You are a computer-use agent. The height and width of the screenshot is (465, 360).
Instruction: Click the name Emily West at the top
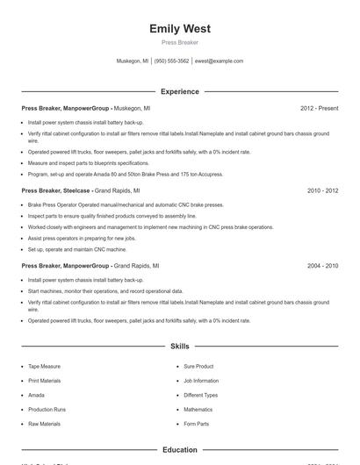180,29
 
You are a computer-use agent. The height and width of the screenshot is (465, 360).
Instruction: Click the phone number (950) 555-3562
172,61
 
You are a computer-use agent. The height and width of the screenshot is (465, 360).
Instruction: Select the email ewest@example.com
219,61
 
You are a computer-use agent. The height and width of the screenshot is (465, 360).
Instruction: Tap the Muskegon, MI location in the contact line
133,61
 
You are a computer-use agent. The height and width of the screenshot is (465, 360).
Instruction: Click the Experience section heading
180,91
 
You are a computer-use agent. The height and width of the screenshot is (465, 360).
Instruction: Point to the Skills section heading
180,347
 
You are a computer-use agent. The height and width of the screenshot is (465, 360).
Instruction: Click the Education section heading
180,450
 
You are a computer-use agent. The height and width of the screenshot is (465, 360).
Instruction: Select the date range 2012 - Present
319,108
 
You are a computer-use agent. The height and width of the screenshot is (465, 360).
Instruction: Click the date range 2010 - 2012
322,190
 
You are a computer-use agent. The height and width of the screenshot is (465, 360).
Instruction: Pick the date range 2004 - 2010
322,265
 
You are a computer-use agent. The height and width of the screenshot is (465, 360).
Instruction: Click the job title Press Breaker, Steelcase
56,190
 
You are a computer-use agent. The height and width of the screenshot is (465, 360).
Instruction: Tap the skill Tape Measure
45,366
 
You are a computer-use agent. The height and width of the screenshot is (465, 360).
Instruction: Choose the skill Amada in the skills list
37,395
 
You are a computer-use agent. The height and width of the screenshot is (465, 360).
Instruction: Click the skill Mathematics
198,410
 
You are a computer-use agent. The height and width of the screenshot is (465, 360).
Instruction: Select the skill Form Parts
196,424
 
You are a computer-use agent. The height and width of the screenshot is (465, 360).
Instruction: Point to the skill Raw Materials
44,424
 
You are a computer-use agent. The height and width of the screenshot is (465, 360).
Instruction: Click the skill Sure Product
198,366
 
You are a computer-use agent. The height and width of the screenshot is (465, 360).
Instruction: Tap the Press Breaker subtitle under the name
180,42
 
